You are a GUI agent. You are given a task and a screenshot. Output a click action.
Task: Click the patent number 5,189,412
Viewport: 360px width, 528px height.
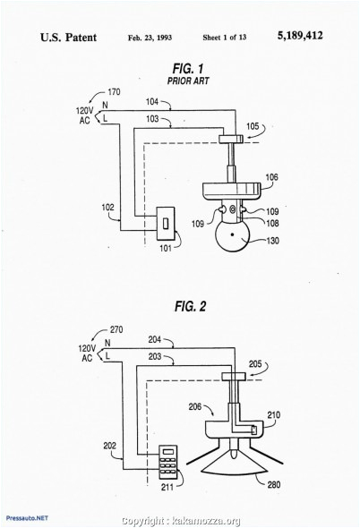[x=300, y=36]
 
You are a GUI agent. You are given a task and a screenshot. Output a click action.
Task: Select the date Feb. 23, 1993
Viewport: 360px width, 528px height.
[x=150, y=38]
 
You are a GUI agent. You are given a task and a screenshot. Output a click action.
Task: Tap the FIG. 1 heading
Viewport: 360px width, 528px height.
[x=188, y=69]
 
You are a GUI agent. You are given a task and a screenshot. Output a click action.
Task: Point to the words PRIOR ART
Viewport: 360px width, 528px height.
[x=188, y=81]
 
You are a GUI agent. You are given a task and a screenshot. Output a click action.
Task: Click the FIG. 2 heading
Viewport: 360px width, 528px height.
[x=190, y=306]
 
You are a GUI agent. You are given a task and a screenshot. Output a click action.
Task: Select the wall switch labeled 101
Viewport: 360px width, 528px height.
[x=166, y=223]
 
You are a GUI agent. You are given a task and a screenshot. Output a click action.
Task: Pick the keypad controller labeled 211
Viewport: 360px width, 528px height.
[x=168, y=462]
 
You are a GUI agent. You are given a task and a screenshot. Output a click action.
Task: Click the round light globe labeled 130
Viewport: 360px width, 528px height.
[x=232, y=235]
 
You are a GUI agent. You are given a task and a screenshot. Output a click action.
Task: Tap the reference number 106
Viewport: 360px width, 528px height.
[x=272, y=177]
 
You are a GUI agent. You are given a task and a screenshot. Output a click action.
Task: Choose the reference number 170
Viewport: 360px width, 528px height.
[x=114, y=92]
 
